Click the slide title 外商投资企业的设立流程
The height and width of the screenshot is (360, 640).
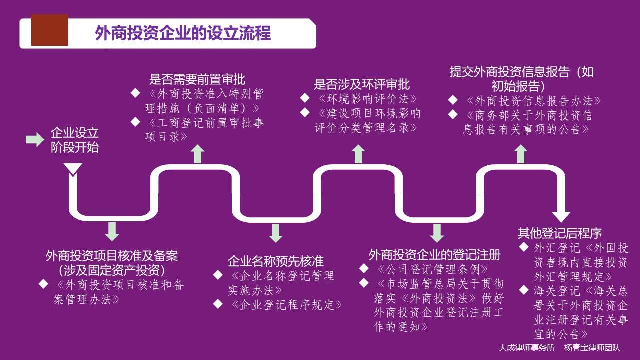point(183,33)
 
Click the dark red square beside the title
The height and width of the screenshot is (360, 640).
point(50,30)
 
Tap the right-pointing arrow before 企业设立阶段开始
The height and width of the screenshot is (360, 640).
point(35,140)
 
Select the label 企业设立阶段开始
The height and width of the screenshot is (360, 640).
point(75,140)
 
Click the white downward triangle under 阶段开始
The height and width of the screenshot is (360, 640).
point(73,169)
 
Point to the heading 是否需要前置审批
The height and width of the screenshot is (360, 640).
point(197,79)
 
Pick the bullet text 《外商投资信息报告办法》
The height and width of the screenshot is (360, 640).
point(532,100)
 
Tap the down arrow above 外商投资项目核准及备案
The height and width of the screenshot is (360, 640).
point(112,231)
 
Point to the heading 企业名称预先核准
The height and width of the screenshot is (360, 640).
point(276,261)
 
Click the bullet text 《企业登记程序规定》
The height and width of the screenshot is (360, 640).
point(285,304)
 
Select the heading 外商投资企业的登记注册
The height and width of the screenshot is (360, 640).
point(435,255)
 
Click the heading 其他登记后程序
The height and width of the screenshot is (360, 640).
point(560,233)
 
